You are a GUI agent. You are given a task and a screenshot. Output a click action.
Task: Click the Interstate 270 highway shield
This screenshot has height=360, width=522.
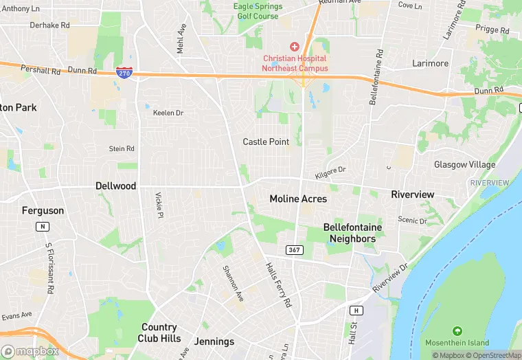tap(124, 72)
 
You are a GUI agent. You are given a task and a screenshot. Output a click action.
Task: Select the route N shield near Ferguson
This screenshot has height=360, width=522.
tap(43, 226)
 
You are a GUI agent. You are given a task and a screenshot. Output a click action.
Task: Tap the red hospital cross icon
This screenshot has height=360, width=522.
tap(295, 46)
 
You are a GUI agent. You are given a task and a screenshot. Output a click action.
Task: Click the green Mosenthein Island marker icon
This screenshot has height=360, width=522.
tap(456, 332)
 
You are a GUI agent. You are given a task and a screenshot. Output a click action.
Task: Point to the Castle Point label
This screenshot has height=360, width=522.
tap(266, 142)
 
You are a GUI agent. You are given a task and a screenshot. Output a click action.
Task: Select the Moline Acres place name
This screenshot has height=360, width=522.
tap(298, 199)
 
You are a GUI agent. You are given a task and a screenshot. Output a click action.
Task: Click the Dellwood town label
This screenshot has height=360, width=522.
tap(115, 186)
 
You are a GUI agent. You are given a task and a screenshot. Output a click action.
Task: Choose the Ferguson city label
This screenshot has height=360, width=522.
tap(43, 211)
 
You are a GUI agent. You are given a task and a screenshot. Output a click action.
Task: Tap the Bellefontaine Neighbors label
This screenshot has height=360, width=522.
tap(352, 233)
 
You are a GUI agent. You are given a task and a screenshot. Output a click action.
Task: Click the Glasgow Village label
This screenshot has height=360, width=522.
tap(464, 165)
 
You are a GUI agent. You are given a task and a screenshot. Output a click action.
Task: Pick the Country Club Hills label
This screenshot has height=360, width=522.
tap(159, 333)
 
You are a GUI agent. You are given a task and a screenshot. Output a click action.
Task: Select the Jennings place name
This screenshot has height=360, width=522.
tap(214, 341)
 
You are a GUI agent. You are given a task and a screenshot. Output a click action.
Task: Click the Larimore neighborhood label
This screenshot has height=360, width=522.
tap(430, 63)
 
